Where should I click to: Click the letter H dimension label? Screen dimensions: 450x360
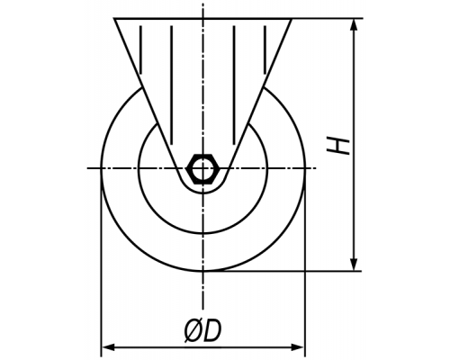point(338,146)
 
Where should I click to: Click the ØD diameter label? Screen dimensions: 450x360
point(202,330)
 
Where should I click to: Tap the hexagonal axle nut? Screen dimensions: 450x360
point(203,168)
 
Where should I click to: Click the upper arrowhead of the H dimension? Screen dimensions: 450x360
point(355,25)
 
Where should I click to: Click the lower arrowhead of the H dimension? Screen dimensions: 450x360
point(355,264)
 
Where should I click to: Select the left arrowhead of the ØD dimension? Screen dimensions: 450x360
point(108,347)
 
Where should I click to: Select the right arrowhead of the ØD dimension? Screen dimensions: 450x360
point(298,347)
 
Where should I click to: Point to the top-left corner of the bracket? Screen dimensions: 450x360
point(114,19)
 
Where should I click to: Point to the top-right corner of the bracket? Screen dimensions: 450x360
point(292,19)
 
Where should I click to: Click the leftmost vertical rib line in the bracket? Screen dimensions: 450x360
point(140,49)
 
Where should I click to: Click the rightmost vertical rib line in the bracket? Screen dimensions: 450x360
point(265,49)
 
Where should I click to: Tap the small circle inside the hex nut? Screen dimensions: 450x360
point(203,168)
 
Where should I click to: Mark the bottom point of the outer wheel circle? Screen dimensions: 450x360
point(203,271)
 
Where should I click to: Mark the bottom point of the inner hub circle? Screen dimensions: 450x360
point(203,233)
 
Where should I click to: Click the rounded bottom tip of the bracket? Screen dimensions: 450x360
point(203,193)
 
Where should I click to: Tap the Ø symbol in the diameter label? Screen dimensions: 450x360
point(193,331)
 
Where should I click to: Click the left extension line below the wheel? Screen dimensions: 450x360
point(101,263)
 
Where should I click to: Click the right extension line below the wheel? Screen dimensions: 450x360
point(305,263)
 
